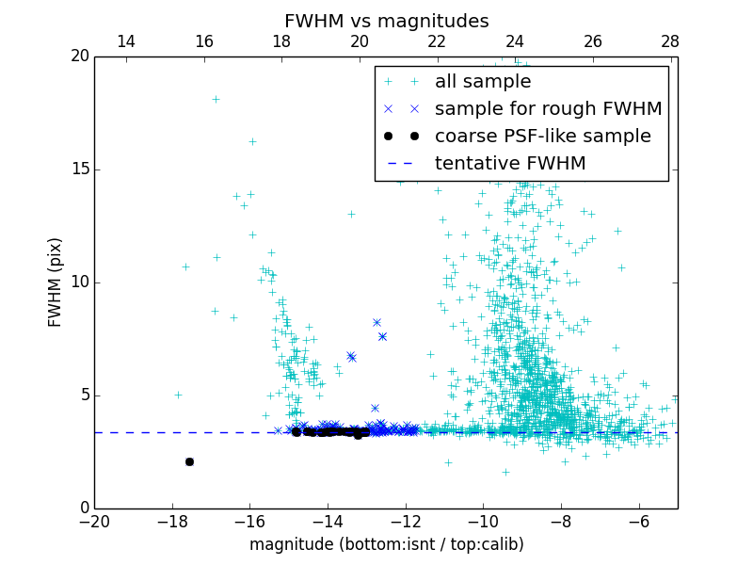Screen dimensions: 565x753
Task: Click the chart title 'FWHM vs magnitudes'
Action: [386, 21]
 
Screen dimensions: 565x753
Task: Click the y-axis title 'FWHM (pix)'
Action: [56, 282]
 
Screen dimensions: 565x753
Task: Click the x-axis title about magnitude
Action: [386, 544]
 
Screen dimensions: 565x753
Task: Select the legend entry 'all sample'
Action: [482, 82]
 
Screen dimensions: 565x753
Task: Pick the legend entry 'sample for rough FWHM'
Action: [548, 109]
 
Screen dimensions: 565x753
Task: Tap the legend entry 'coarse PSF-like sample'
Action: [542, 137]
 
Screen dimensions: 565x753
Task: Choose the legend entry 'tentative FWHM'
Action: [509, 164]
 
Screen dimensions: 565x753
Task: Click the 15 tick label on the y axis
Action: [79, 169]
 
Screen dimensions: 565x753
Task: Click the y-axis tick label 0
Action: [84, 508]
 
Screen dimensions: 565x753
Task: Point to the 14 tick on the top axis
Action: [126, 41]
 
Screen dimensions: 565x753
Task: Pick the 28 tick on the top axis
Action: [670, 41]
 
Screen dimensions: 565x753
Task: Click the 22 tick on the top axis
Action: [437, 41]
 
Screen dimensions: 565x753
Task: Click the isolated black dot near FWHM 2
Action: [189, 461]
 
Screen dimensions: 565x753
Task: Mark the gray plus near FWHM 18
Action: [216, 99]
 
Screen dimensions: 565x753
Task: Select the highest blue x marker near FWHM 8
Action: [376, 322]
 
